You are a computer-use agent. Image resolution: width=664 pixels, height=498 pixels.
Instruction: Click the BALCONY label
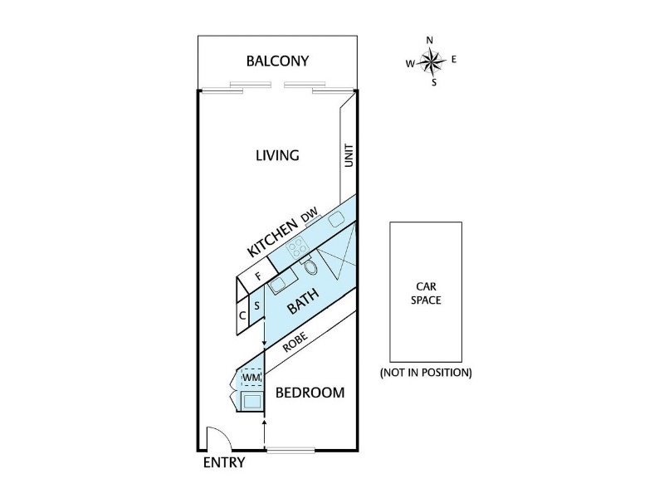[x=277, y=61]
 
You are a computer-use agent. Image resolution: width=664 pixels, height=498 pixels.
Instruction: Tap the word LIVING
[x=277, y=155]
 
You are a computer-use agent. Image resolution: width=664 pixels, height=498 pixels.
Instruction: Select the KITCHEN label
[x=272, y=237]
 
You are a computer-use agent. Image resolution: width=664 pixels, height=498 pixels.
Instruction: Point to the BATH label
[x=303, y=300]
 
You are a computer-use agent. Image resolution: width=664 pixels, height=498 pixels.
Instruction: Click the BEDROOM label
[x=310, y=393]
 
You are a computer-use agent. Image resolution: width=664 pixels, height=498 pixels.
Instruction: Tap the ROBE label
[x=295, y=341]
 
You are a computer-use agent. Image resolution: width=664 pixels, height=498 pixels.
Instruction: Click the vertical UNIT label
[x=349, y=155]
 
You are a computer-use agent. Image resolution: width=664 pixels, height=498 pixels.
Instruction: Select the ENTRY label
[x=224, y=462]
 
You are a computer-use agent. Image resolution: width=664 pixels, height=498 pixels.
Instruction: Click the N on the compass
[x=429, y=40]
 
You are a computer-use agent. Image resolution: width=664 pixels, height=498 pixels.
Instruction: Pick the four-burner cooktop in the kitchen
[x=296, y=247]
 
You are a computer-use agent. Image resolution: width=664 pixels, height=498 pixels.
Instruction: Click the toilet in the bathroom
[x=310, y=266]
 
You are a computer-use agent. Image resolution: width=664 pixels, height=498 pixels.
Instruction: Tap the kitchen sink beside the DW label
[x=337, y=219]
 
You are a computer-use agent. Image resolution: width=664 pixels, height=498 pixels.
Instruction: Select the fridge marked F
[x=258, y=276]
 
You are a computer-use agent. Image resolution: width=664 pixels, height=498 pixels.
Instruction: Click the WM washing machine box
[x=251, y=377]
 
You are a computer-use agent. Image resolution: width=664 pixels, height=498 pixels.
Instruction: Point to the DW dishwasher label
[x=309, y=217]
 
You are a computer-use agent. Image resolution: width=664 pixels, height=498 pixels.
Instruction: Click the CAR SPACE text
[x=426, y=294]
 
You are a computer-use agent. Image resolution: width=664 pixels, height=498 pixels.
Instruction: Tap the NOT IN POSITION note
[x=426, y=373]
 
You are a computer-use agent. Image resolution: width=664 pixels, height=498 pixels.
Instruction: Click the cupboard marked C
[x=242, y=316]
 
